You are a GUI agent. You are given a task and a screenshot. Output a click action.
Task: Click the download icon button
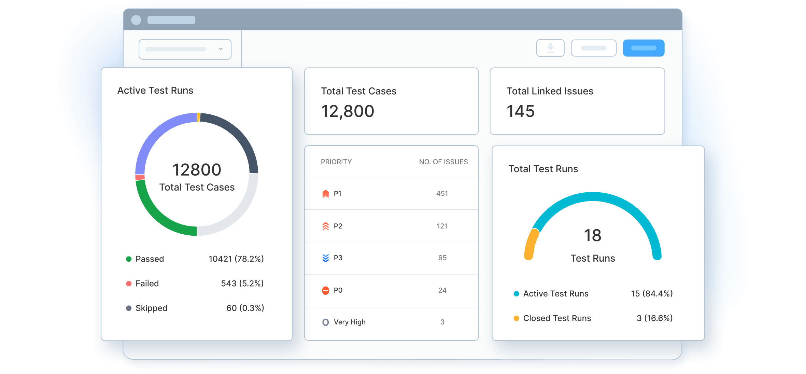[550, 48]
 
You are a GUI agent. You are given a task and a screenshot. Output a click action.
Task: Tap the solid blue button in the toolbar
[644, 48]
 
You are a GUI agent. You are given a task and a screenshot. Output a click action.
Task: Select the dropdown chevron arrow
[221, 49]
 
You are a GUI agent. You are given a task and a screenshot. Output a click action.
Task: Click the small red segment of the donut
[140, 177]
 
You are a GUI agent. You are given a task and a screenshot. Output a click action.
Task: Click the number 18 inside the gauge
[593, 235]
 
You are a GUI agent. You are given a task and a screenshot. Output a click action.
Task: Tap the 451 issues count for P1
[442, 194]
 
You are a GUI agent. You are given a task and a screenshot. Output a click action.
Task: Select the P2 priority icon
[325, 226]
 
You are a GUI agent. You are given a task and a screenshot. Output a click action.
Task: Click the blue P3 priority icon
[325, 258]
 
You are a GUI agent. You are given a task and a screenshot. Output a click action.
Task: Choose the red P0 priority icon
[325, 290]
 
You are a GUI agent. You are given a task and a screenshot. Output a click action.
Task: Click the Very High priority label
[350, 322]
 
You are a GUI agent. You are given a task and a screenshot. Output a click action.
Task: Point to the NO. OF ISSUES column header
[443, 162]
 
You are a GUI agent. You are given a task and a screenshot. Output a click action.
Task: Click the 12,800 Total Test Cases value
[348, 111]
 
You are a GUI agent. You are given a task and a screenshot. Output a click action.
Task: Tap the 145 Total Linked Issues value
[520, 111]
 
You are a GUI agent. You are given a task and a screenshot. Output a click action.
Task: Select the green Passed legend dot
[129, 259]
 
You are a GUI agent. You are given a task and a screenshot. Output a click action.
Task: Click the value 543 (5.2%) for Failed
[242, 283]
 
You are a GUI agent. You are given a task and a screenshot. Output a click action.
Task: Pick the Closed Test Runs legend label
[557, 318]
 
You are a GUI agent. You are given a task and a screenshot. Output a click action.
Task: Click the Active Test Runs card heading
[155, 91]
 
